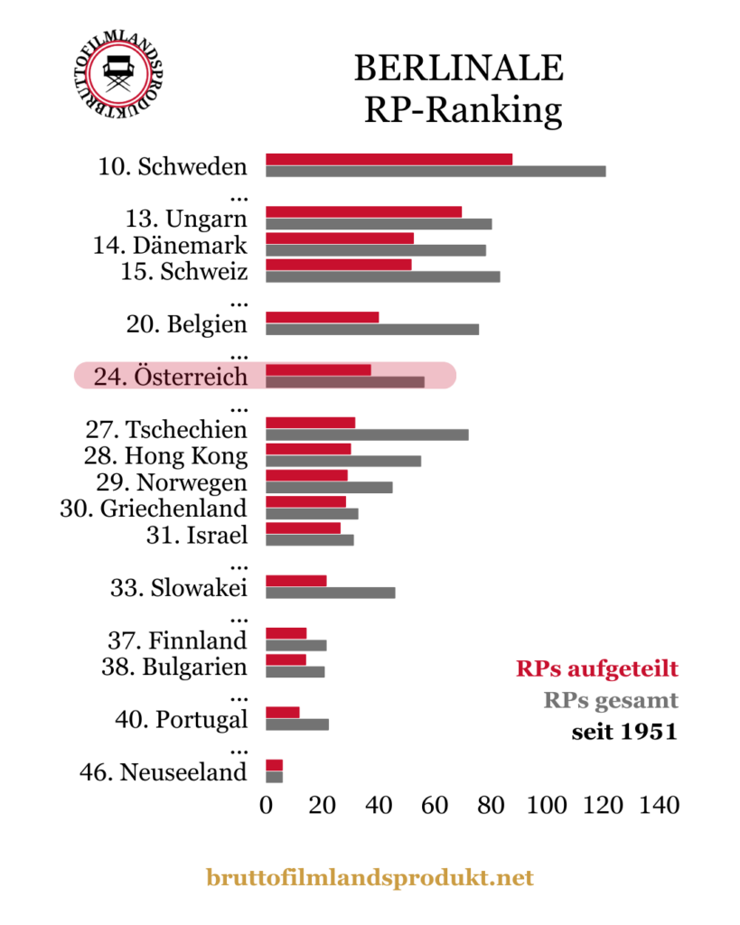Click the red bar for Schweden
pyautogui.click(x=389, y=159)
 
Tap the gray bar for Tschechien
pyautogui.click(x=367, y=434)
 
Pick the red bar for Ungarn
pyautogui.click(x=363, y=211)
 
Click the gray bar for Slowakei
pyautogui.click(x=330, y=593)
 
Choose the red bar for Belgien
pyautogui.click(x=322, y=317)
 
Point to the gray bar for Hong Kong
pyautogui.click(x=343, y=461)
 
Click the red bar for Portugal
pyautogui.click(x=282, y=712)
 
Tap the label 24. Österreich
pyautogui.click(x=170, y=376)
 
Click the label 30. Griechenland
pyautogui.click(x=154, y=508)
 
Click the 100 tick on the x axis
pyautogui.click(x=546, y=805)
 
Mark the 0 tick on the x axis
pyautogui.click(x=266, y=805)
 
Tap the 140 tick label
pyautogui.click(x=659, y=805)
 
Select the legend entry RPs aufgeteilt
pyautogui.click(x=596, y=669)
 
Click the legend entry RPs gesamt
pyautogui.click(x=610, y=700)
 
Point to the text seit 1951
pyautogui.click(x=623, y=731)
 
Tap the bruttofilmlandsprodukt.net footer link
pyautogui.click(x=370, y=877)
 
